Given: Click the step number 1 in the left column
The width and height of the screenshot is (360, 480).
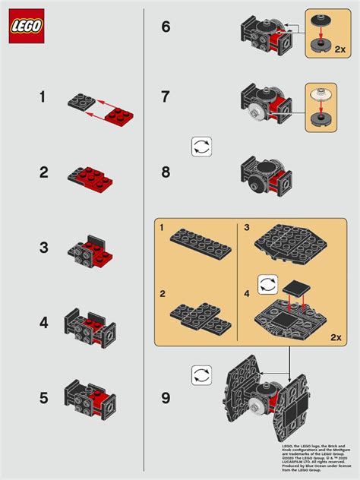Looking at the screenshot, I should tap(44, 97).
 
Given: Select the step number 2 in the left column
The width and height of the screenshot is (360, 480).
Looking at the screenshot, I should tap(44, 173).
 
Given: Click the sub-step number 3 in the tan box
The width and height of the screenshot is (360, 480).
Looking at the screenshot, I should tap(247, 227).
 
